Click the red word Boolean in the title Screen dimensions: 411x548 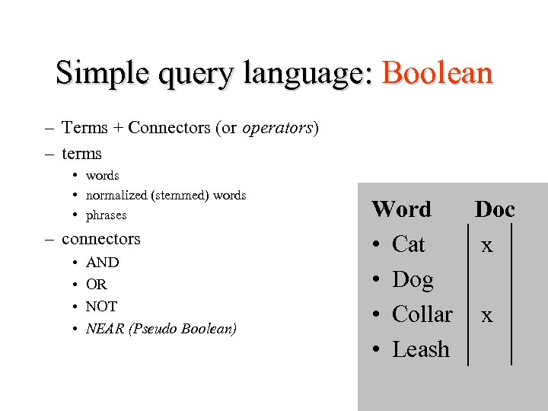(x=438, y=73)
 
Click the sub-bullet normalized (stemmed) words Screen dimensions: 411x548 (x=166, y=196)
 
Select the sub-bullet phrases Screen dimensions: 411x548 (x=106, y=215)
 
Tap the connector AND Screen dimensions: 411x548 (x=102, y=263)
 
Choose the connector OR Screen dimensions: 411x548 (x=97, y=285)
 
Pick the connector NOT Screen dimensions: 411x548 (x=101, y=307)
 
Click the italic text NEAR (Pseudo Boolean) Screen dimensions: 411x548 (x=161, y=329)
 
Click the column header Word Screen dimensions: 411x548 (x=401, y=209)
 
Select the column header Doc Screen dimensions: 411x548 (x=495, y=209)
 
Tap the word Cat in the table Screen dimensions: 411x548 (x=408, y=244)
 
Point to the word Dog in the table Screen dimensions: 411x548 (x=413, y=280)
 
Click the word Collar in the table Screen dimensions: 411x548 (x=422, y=314)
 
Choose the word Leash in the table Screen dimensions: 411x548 (x=421, y=349)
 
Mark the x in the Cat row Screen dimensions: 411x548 (x=487, y=245)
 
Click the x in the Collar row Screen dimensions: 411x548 (x=487, y=315)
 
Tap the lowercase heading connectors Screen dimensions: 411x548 (x=101, y=239)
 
